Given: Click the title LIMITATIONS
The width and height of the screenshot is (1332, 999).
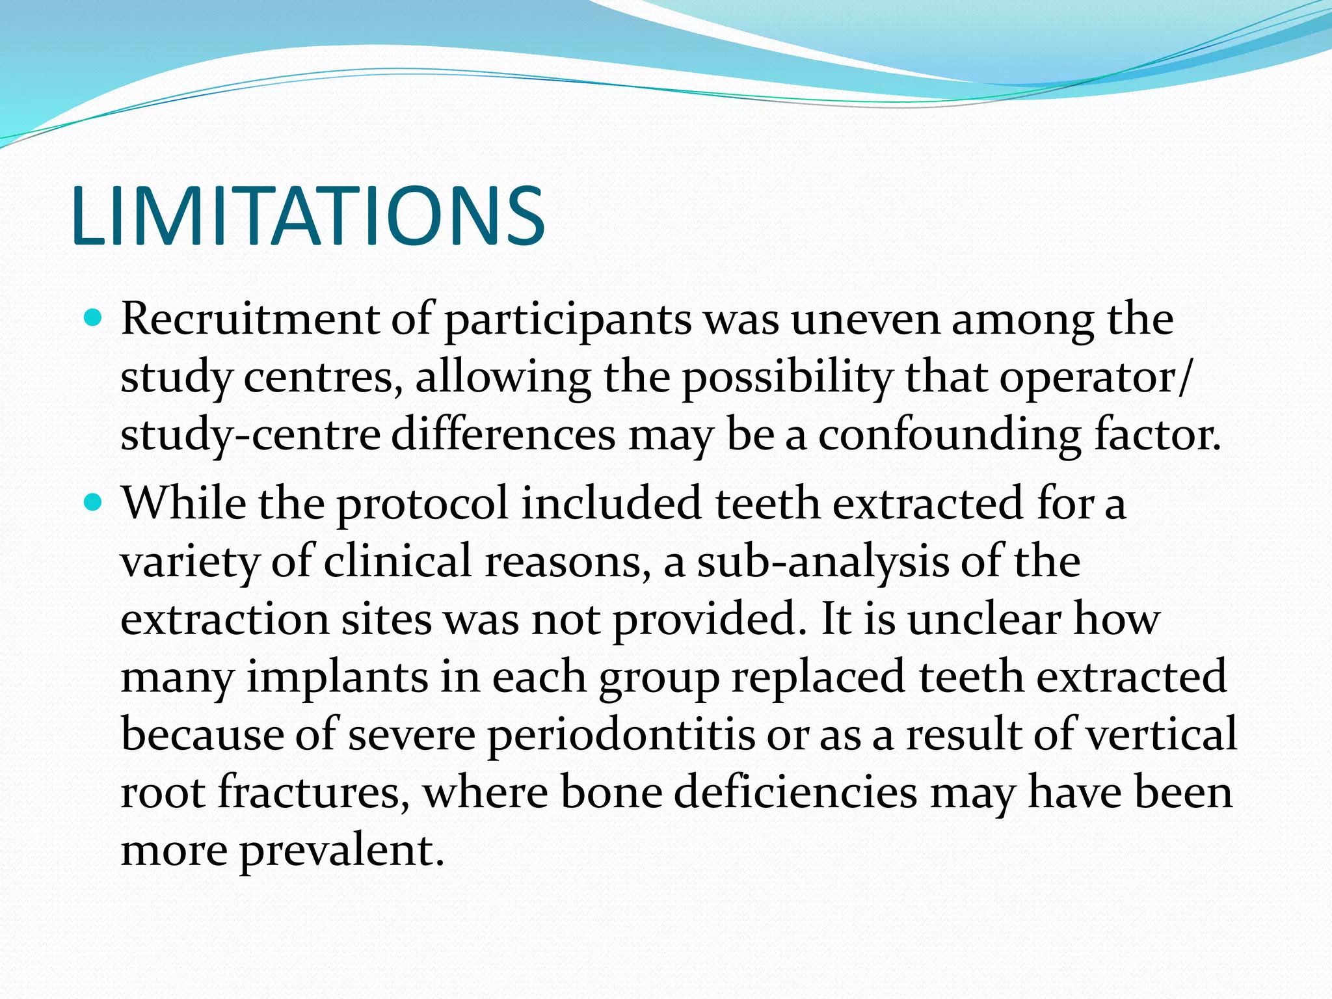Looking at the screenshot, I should click(308, 217).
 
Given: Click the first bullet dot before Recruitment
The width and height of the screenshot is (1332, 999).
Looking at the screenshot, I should click(94, 319).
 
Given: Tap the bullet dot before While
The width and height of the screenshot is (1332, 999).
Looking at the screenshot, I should click(94, 503).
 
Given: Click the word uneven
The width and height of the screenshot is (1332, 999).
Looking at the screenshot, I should click(865, 321).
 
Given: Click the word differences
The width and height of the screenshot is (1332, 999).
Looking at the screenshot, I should click(503, 435).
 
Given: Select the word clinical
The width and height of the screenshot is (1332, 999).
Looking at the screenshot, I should click(397, 561).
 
